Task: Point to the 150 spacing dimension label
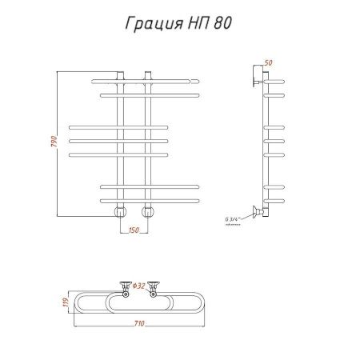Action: point(134,231)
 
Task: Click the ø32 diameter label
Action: point(138,286)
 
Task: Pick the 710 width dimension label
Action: point(139,323)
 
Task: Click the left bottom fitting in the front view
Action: point(121,212)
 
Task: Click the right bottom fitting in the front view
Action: point(147,212)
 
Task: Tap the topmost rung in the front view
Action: point(144,81)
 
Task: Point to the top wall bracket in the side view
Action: point(256,74)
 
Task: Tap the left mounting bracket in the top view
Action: point(124,286)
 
